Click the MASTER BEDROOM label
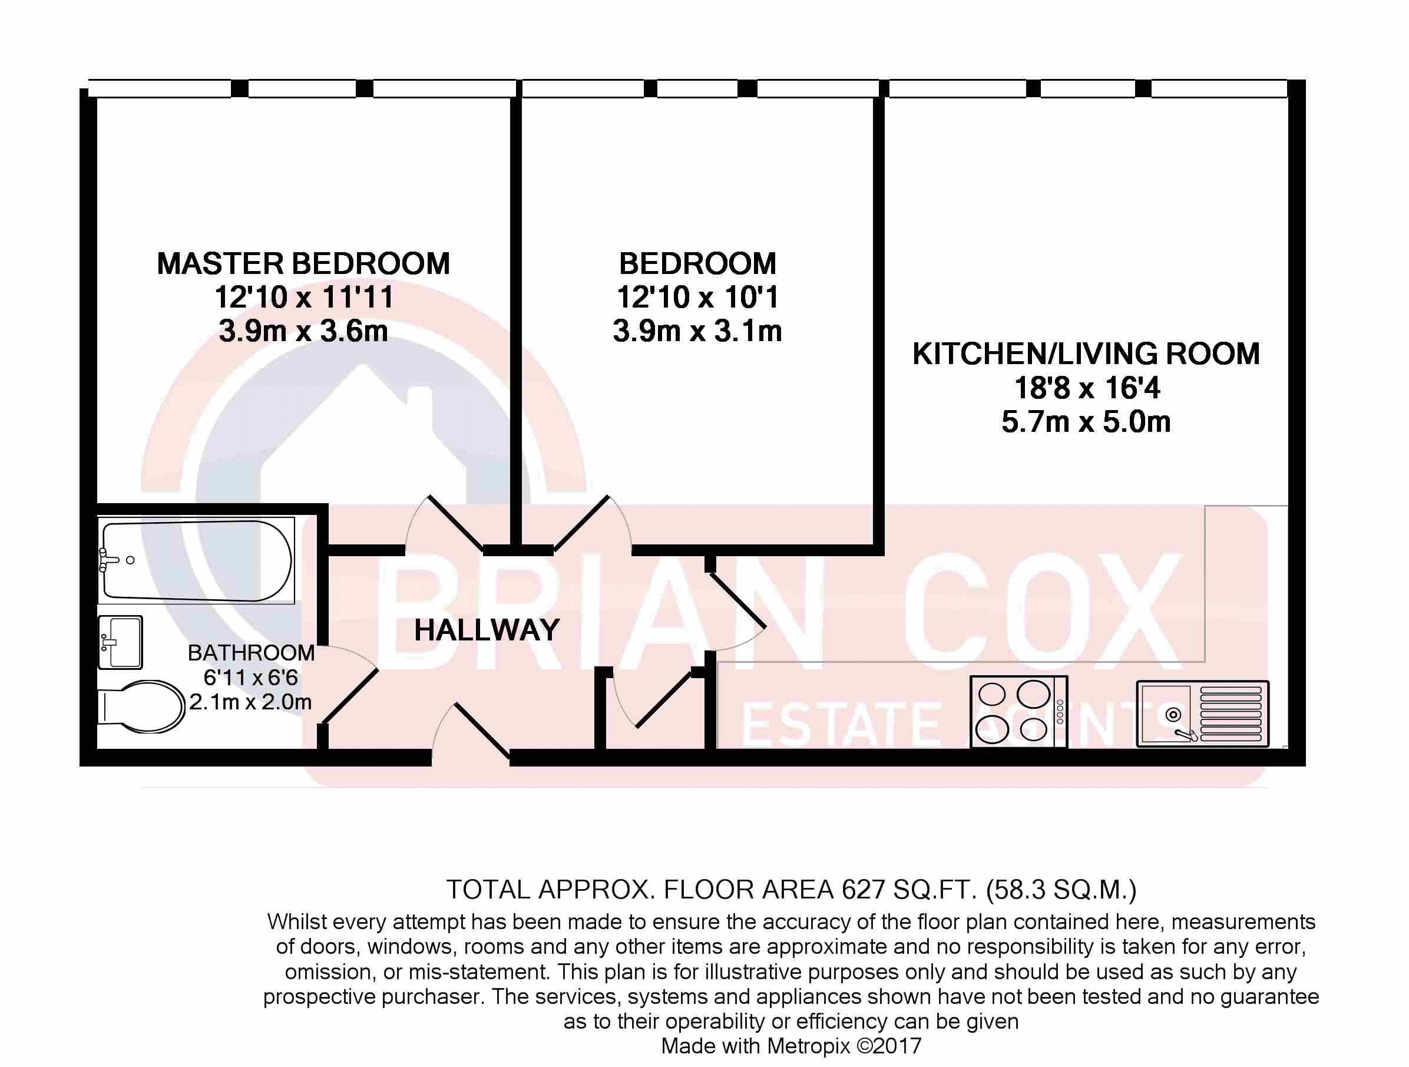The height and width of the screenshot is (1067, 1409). (303, 264)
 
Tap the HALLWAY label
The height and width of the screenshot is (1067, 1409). (487, 630)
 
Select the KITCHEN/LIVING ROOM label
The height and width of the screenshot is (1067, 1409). (1086, 354)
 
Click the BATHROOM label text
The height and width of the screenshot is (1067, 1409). (251, 653)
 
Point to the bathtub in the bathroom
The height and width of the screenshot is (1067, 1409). (196, 560)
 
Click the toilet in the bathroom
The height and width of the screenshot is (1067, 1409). (141, 706)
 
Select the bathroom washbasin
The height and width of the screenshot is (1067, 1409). (120, 642)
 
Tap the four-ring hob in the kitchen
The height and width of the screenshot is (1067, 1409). (1018, 712)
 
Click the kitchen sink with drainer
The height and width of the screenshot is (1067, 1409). (1203, 713)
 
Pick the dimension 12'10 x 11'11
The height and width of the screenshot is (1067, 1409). (303, 298)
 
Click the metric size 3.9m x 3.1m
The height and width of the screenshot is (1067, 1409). (697, 331)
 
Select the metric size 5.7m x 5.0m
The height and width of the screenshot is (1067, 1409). (1086, 422)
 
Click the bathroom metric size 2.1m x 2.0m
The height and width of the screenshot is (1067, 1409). (250, 702)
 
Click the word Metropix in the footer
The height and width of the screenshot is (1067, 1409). (808, 1045)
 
